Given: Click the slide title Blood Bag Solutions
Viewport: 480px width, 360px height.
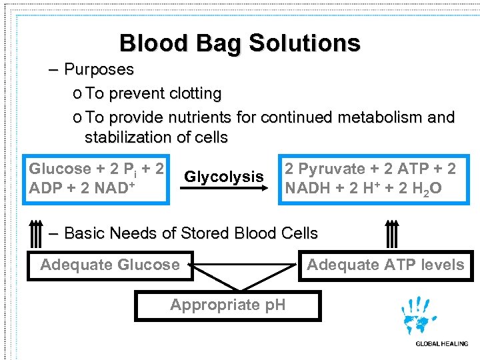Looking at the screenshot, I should coord(239,43).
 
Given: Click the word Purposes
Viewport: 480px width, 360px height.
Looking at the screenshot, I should coord(99,70).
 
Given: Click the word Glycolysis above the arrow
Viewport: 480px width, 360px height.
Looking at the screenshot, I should coord(224,177).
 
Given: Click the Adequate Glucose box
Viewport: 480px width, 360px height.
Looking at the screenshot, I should coord(110,265).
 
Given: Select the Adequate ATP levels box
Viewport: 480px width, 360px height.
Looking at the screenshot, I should coord(385,265).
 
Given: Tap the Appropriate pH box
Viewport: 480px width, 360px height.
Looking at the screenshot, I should coord(227,305).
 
